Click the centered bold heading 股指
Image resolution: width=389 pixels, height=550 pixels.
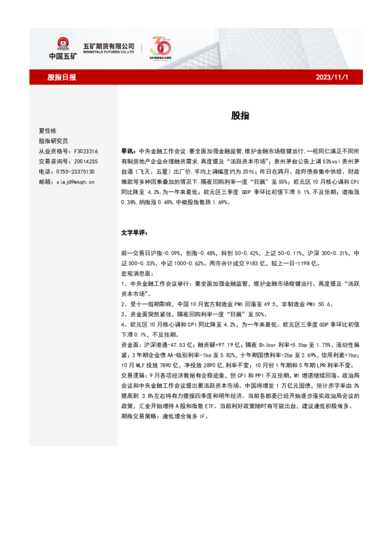pyautogui.click(x=238, y=116)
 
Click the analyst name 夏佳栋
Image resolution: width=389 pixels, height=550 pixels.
pyautogui.click(x=48, y=131)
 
